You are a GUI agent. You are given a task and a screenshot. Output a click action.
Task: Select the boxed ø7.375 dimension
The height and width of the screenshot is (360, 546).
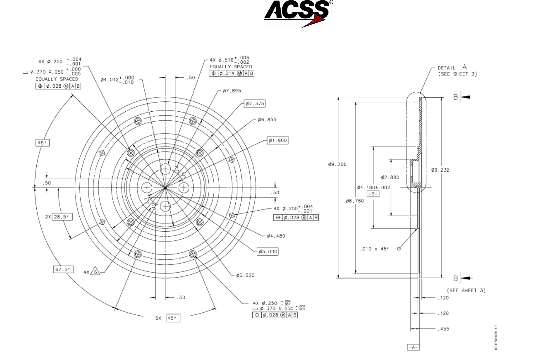[x=255, y=104]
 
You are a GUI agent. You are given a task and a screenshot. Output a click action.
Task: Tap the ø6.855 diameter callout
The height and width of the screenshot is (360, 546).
[x=267, y=120]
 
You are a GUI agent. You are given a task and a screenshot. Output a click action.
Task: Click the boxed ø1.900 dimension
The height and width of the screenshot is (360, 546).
[x=278, y=140]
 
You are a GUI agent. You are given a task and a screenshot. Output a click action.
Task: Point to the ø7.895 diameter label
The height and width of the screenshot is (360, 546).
[x=232, y=91]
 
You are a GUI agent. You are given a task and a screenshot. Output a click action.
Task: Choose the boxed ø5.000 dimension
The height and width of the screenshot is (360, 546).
[x=268, y=251]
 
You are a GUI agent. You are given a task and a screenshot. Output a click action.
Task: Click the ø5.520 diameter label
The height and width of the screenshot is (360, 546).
[x=245, y=275]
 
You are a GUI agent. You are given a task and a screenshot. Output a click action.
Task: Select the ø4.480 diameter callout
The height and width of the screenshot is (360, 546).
[x=276, y=236]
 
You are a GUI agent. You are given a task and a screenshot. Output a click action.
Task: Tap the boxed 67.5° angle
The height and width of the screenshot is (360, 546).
[x=63, y=269]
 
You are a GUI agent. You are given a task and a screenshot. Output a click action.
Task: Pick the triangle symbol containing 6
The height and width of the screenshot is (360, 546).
[x=95, y=272]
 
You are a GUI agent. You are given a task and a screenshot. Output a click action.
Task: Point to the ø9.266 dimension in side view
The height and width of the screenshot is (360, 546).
[x=337, y=164]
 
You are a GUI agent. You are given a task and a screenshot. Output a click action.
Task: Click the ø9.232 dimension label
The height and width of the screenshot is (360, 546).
[x=440, y=170]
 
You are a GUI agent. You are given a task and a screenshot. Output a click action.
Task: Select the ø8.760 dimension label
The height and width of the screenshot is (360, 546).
[x=355, y=201]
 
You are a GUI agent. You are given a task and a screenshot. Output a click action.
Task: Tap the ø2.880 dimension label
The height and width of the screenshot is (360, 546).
[x=390, y=178]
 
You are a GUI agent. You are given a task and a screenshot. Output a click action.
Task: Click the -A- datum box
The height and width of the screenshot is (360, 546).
[x=413, y=347]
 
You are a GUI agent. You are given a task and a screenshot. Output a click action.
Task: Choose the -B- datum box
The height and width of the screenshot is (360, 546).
[x=373, y=194]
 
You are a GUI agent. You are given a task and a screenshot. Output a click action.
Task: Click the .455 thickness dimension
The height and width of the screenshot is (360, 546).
[x=443, y=329]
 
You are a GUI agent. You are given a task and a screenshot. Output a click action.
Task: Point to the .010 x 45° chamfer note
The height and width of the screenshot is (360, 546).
[x=375, y=249]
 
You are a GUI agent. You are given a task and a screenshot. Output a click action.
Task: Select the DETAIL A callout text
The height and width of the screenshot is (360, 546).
[x=452, y=68]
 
